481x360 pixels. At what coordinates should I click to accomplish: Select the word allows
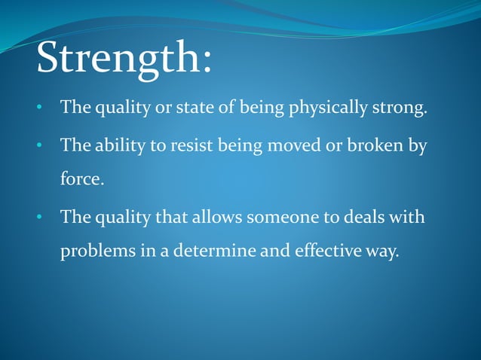pos(214,218)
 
